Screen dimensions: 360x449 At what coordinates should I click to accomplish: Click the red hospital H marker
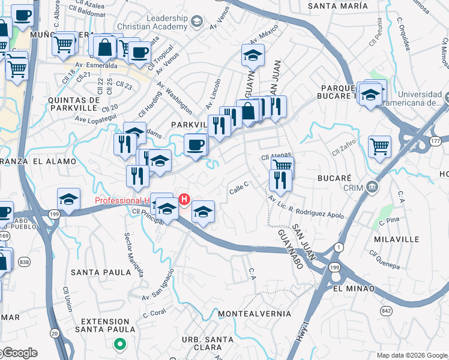(185, 199)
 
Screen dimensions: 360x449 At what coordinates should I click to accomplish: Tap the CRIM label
(354, 188)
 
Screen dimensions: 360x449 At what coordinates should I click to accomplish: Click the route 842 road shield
(386, 311)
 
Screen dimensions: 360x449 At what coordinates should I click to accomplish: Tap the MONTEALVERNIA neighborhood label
(255, 314)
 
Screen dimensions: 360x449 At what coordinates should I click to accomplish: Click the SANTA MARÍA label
(337, 5)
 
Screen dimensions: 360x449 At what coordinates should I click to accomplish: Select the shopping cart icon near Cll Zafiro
(379, 146)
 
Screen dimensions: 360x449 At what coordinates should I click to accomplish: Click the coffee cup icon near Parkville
(194, 145)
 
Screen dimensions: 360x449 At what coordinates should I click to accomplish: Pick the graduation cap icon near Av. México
(253, 55)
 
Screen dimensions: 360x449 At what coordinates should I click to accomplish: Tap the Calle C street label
(238, 190)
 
